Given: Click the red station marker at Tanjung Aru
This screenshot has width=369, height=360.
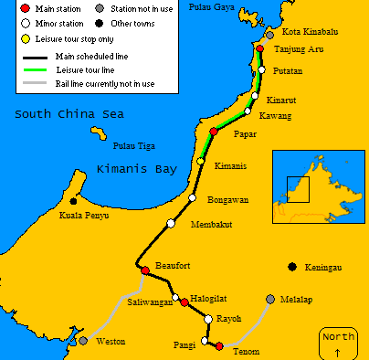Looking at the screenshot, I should (260, 49).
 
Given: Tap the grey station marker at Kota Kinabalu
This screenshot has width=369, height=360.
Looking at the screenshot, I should (270, 35).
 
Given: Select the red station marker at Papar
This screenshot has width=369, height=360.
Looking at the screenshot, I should (214, 132).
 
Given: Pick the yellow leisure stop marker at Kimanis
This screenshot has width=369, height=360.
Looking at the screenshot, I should (201, 162).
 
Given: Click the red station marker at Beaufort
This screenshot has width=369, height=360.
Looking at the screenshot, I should (144, 270).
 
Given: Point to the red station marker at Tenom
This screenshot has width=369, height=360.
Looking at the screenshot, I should (218, 345).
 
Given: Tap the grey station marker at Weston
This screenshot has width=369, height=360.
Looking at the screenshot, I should (83, 341).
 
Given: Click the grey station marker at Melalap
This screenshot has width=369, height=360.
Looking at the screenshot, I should (269, 299).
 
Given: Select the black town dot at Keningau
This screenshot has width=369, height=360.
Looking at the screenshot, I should (291, 267).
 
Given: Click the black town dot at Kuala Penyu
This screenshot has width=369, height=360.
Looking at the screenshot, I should (73, 201).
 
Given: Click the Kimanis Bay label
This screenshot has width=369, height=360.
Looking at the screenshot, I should (136, 169).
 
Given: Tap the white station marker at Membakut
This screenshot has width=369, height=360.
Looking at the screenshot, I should (171, 224).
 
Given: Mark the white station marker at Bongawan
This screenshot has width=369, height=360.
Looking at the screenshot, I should (192, 197).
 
